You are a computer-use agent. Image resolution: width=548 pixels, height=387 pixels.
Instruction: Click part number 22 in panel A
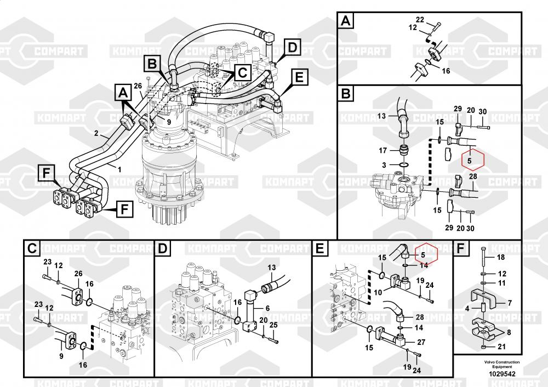(420, 20)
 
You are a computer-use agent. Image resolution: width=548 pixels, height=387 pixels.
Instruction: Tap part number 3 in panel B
(384, 165)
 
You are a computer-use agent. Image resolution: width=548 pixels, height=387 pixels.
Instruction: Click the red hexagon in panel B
(470, 160)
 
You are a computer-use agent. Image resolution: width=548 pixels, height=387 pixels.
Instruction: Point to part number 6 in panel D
(268, 308)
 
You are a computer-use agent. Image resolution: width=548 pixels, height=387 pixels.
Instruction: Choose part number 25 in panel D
(275, 326)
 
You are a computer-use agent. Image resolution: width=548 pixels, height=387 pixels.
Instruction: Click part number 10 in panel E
(378, 292)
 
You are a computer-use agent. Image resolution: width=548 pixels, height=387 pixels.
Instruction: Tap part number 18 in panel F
(500, 257)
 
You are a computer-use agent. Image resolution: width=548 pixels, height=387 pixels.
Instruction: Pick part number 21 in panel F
(500, 347)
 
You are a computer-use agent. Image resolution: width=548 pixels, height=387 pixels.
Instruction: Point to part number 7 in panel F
(509, 303)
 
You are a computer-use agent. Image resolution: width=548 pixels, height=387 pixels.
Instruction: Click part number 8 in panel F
(509, 332)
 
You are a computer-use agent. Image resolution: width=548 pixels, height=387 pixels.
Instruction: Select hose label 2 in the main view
(96, 133)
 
